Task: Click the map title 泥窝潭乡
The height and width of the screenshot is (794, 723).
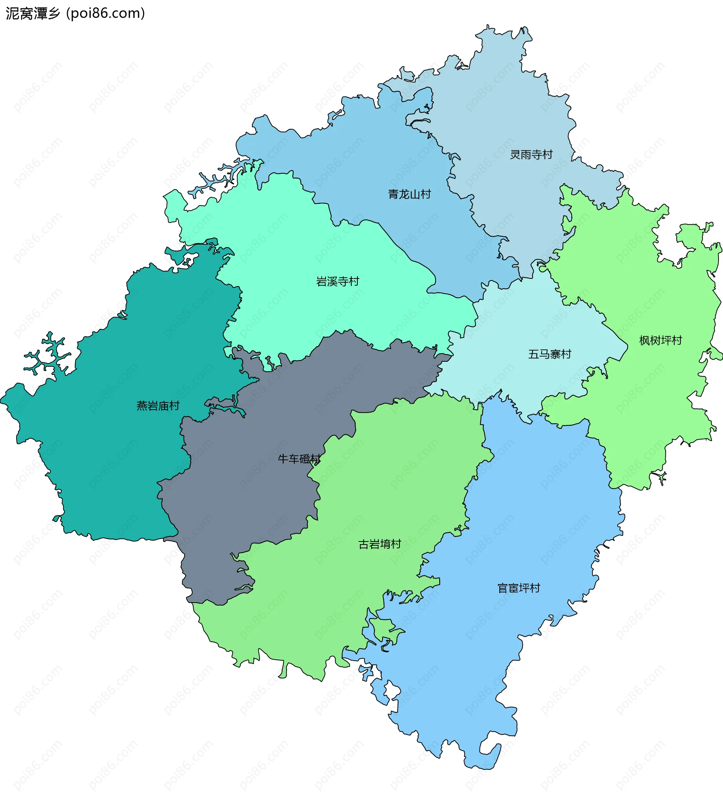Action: click(33, 14)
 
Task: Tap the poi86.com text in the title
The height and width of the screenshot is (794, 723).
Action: click(105, 14)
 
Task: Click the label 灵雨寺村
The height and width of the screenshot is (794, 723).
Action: click(531, 155)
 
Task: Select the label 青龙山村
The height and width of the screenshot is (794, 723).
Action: click(409, 194)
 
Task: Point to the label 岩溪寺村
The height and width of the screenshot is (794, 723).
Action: click(338, 281)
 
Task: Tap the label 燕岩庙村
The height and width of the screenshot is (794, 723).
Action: click(158, 405)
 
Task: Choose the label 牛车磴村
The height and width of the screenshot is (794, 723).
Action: click(299, 459)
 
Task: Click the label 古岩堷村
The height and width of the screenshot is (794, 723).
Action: click(380, 544)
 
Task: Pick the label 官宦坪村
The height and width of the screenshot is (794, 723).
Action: click(519, 588)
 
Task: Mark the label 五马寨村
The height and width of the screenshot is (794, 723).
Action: click(549, 355)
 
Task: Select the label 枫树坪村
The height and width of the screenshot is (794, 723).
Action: click(660, 341)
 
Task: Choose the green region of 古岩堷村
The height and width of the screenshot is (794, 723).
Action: click(394, 473)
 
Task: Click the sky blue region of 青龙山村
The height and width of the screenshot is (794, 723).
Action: click(374, 158)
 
